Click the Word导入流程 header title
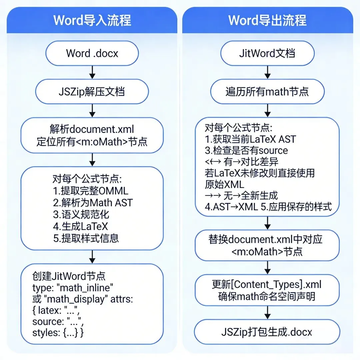click(x=92, y=20)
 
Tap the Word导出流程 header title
click(x=267, y=20)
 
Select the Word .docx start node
click(x=92, y=53)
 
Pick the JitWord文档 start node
click(x=267, y=53)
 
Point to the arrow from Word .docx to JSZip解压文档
click(x=92, y=72)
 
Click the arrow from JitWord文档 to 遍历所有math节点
click(x=267, y=72)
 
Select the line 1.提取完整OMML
click(x=90, y=191)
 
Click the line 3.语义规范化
click(x=81, y=214)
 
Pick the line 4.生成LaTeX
click(x=80, y=226)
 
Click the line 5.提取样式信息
click(x=86, y=238)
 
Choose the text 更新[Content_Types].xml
click(x=267, y=284)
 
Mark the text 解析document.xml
click(x=92, y=129)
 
